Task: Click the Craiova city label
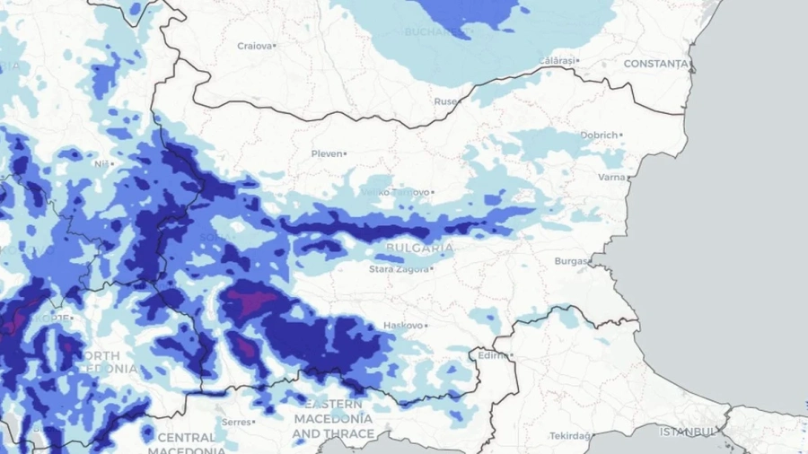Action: (x=254, y=46)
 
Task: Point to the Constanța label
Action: (x=655, y=64)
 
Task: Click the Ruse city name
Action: (x=445, y=102)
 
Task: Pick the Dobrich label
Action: (x=599, y=135)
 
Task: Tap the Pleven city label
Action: (x=327, y=153)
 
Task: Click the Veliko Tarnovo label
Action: (x=394, y=192)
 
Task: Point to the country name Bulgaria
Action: (x=418, y=247)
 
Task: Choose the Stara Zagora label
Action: (x=401, y=268)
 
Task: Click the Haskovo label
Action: (x=402, y=325)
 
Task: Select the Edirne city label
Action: (x=492, y=355)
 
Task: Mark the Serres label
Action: (x=237, y=421)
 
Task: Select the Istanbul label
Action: (x=689, y=432)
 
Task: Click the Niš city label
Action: (x=101, y=164)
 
